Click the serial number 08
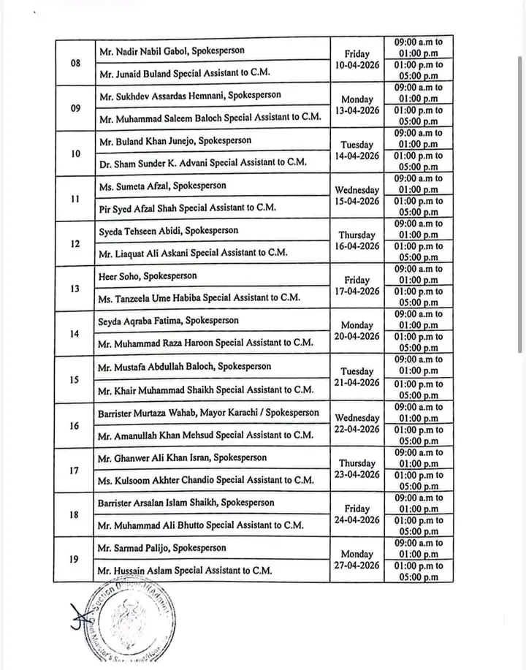click(x=75, y=62)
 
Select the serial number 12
click(x=75, y=243)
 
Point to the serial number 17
click(x=75, y=470)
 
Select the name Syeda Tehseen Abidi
click(x=167, y=231)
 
